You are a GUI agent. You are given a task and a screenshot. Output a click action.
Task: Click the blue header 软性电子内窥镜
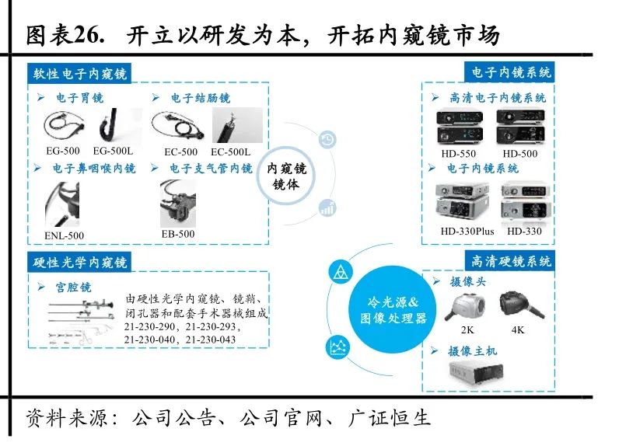pos(79,74)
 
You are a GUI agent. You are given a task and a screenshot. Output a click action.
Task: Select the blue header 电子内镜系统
pos(511,72)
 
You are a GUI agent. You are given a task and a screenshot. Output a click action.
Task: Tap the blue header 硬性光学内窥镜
pos(79,262)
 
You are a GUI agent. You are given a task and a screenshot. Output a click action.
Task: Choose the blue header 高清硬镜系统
pos(511,261)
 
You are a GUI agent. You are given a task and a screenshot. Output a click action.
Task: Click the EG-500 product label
pos(62,152)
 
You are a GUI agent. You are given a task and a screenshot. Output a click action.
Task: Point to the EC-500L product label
pos(230,152)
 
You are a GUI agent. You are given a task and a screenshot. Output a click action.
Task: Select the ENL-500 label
pos(64,235)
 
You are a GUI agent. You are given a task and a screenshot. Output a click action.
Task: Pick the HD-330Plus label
pos(467,232)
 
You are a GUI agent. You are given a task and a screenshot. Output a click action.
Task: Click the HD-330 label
pos(523,232)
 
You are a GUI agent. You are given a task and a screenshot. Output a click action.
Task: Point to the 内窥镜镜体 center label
pos(287,176)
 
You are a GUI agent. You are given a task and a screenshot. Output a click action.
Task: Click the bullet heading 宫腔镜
pos(72,287)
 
